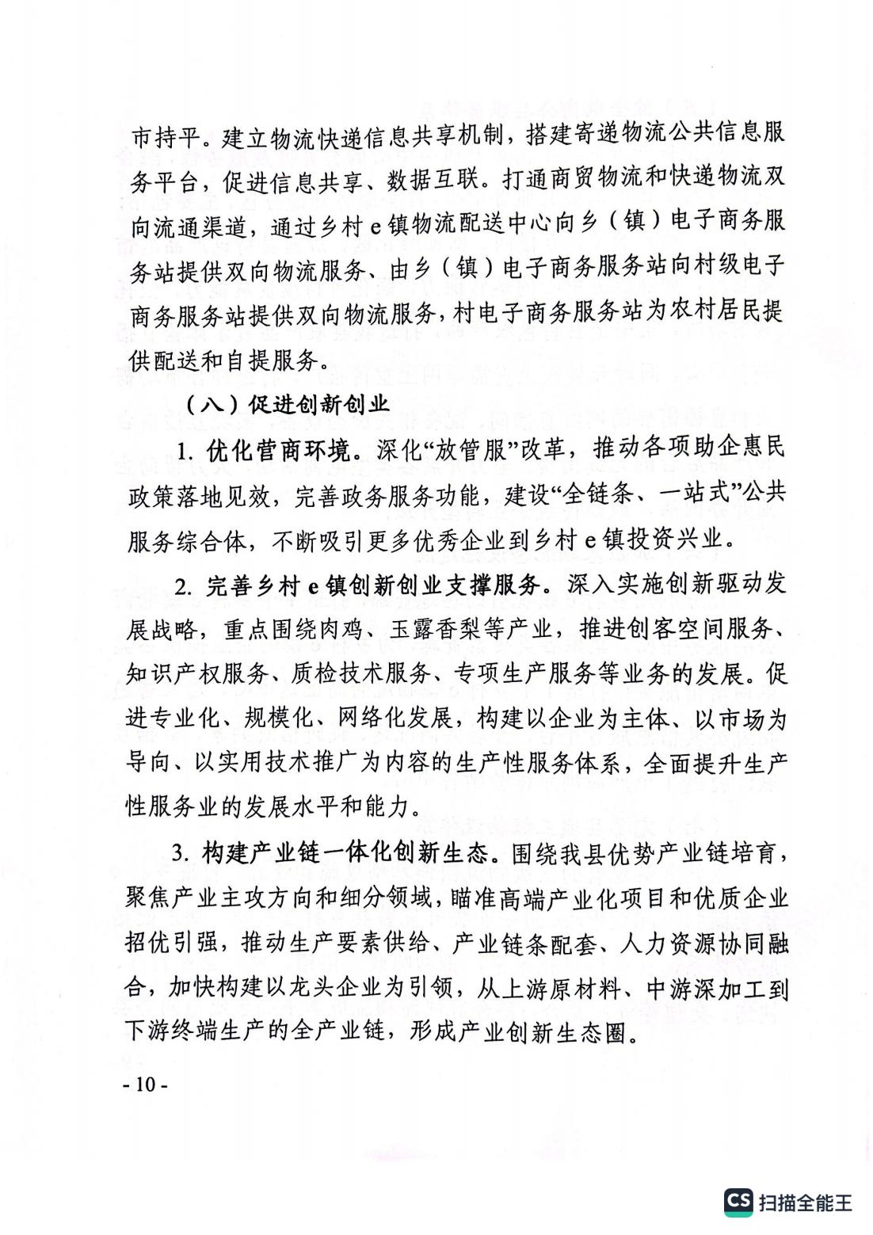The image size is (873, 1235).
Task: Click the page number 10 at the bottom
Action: point(145,1084)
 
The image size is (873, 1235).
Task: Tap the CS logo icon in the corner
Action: point(738,1201)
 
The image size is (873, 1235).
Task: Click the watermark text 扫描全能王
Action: point(806,1203)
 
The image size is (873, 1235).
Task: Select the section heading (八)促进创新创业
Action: point(287,405)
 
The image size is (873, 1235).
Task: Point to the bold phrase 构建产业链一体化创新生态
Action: point(345,853)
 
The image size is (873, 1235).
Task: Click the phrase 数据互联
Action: point(433,181)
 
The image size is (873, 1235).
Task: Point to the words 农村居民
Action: point(716,312)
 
